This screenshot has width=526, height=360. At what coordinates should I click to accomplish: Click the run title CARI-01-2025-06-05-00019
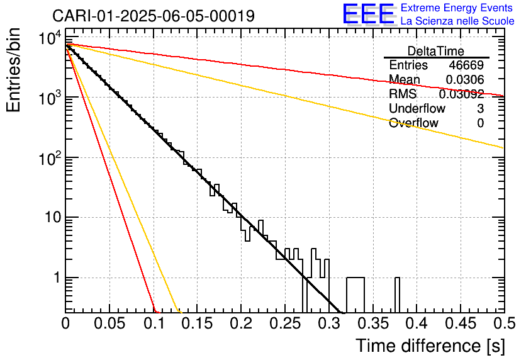[154, 16]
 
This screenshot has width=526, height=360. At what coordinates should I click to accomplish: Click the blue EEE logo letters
[369, 14]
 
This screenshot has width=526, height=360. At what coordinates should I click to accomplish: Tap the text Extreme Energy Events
[457, 8]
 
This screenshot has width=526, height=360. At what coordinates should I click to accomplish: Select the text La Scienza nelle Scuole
[457, 21]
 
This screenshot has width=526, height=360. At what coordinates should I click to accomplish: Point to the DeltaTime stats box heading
[436, 51]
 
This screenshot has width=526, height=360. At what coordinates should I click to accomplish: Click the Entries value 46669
[466, 65]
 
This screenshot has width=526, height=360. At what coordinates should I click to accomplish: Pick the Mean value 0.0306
[464, 79]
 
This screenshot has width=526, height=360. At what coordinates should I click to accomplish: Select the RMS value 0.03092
[461, 94]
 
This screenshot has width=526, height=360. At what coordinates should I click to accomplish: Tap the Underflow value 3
[480, 108]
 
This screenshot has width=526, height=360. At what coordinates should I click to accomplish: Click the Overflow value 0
[480, 123]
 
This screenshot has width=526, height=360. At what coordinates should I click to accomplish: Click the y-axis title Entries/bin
[13, 70]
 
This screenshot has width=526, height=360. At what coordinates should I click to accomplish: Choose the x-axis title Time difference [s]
[430, 346]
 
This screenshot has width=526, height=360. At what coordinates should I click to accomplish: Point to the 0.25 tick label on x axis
[285, 323]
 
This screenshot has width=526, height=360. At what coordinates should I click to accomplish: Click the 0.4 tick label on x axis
[417, 323]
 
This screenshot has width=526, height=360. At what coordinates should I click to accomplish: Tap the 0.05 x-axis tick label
[109, 323]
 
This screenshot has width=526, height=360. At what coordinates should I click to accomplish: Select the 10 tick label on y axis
[53, 217]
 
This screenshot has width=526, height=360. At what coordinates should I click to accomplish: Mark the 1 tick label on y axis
[57, 278]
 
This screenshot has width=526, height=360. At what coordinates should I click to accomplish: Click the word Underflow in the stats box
[417, 108]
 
